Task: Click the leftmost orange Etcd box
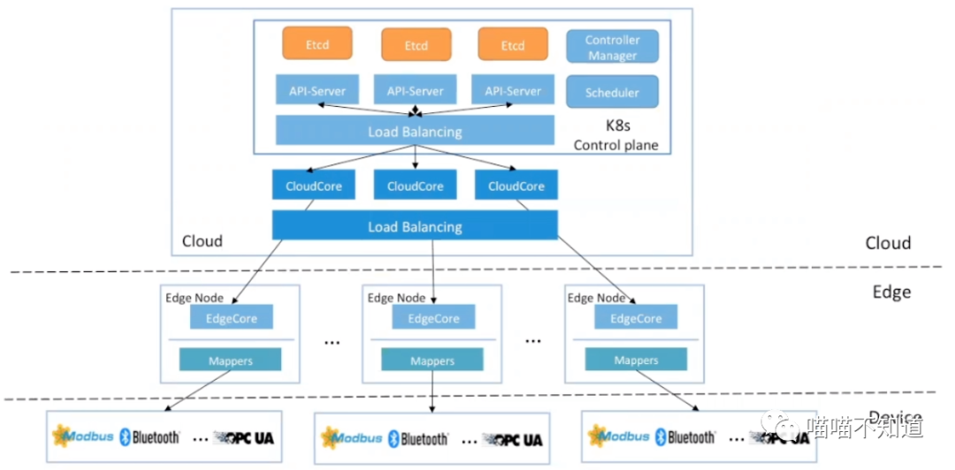point(317,44)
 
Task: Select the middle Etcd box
point(416,45)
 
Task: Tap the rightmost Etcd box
point(513,45)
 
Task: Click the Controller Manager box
point(613,47)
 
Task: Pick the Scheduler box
point(613,93)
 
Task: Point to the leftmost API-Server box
point(317,90)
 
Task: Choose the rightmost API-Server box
point(513,90)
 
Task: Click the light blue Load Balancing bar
point(416,132)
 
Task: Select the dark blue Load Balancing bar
point(415,226)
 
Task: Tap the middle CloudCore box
point(416,186)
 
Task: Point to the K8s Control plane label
point(616,136)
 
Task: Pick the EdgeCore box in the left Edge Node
point(232,318)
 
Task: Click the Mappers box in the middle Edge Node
point(432,360)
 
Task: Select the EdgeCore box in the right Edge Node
point(636,318)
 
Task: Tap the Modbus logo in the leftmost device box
point(84,436)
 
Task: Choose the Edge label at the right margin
point(890,292)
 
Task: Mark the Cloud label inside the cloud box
point(202,241)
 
